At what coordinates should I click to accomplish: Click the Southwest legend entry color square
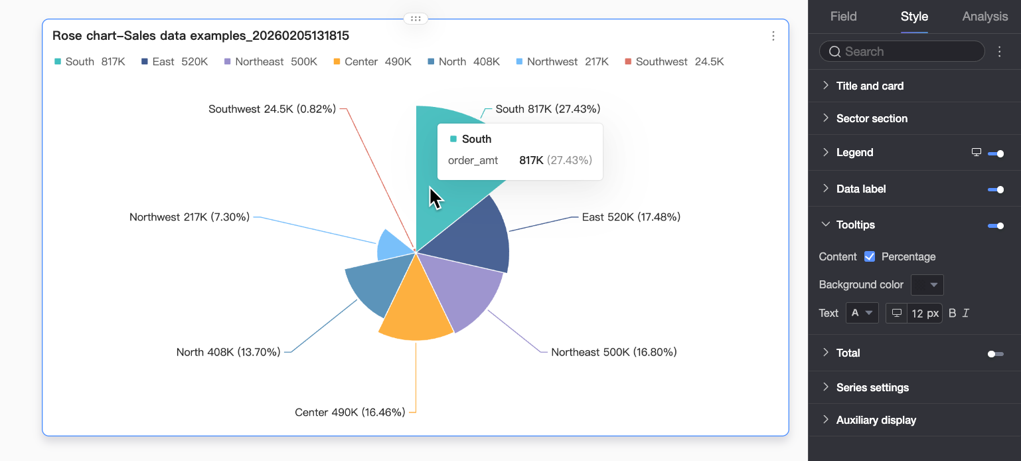coord(628,62)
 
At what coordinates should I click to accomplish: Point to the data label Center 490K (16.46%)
coord(350,413)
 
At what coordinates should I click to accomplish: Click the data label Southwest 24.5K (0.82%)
coord(272,109)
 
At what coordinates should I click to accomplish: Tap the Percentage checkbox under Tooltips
coord(870,256)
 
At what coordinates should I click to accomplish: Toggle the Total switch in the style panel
coord(995,353)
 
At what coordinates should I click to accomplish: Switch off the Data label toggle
coord(995,189)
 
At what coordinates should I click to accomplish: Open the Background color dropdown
coord(927,285)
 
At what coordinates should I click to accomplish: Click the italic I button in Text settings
coord(966,313)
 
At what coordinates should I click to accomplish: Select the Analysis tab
coord(984,17)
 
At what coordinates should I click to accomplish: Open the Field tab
coord(843,17)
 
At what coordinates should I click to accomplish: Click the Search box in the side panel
coord(903,51)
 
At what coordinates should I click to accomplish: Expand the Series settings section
coord(872,387)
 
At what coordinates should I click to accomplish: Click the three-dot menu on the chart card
coord(773,36)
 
